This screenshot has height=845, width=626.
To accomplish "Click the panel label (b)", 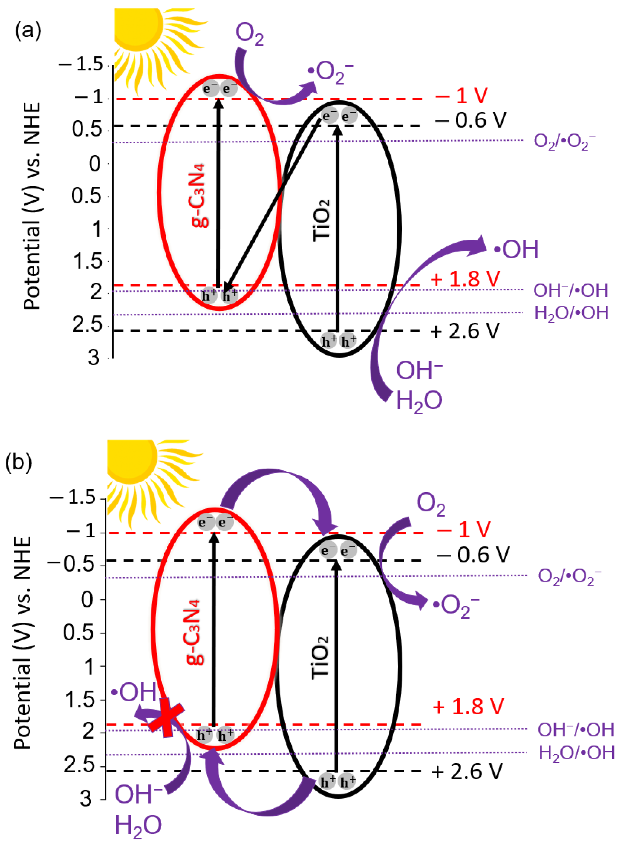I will (x=18, y=462).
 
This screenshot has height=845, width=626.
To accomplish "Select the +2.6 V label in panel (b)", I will (x=467, y=771).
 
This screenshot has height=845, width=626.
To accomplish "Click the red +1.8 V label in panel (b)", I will (x=468, y=707).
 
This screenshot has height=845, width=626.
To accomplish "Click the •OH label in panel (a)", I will (x=516, y=249).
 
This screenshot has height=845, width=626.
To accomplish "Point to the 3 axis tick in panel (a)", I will (x=94, y=358).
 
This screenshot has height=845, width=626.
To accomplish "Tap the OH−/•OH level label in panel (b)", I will (x=575, y=729).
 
